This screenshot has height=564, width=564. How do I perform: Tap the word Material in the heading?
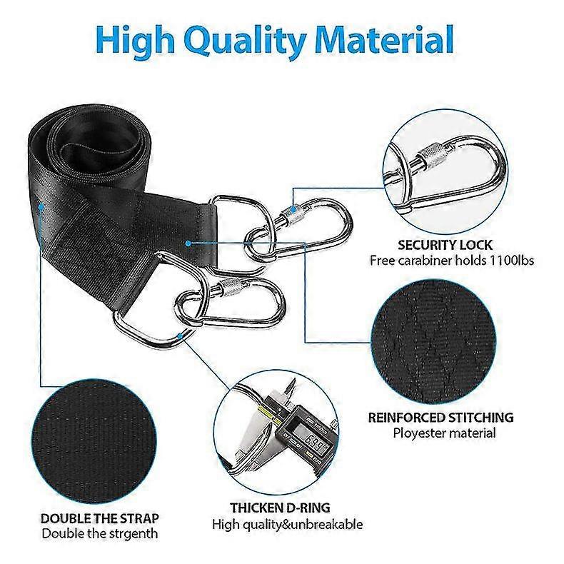point(384,38)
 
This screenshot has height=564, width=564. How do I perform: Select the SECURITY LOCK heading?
point(445,245)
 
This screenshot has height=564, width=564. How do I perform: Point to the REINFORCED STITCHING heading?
point(441,417)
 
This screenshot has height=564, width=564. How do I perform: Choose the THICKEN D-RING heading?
point(280,508)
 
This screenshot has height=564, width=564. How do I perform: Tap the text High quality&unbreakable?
point(288,525)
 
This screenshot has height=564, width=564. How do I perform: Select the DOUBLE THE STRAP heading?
point(100,518)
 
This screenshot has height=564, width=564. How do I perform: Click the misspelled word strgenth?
point(135,534)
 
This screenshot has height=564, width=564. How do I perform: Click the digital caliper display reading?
point(313,439)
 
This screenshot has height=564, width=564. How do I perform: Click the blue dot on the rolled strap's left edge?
point(41,207)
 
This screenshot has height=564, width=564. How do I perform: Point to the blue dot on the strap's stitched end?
point(188,243)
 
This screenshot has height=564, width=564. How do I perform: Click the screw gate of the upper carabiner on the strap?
point(292,215)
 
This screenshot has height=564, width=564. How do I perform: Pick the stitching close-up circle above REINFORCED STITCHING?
point(433,342)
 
